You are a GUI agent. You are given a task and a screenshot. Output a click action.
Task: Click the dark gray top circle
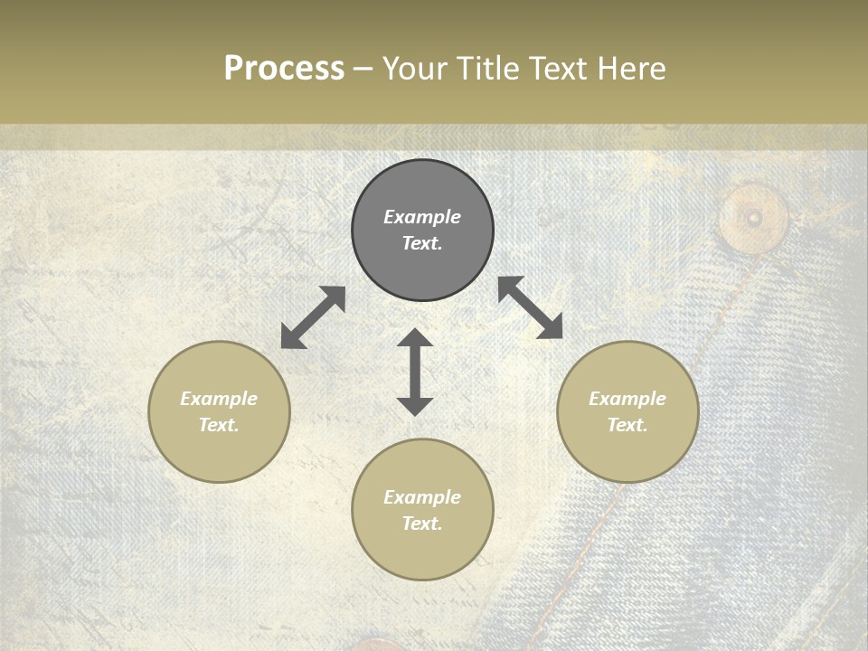422,230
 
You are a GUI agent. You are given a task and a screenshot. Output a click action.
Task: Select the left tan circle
219,411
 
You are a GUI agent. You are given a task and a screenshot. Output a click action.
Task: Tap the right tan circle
627,411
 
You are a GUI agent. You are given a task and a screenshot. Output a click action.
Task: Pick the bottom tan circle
422,509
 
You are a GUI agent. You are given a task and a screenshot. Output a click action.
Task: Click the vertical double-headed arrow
415,372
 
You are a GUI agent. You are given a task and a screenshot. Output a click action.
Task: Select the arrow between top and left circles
313,317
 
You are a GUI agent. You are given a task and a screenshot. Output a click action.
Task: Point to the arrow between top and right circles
531,307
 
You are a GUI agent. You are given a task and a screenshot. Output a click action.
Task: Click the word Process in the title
284,68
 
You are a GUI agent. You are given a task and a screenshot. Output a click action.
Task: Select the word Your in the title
411,68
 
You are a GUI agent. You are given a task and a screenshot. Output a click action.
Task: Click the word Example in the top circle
422,217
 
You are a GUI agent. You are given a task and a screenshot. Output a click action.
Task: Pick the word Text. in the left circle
219,425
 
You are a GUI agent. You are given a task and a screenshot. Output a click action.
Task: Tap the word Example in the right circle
627,399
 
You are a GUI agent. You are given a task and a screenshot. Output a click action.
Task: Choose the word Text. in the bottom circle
422,524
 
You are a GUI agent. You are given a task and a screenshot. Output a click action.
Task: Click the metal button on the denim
753,217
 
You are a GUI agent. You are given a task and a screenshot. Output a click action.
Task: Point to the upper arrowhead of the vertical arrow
415,338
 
